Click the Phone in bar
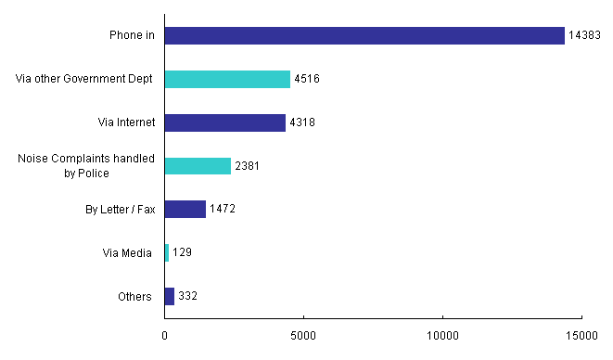(x=364, y=36)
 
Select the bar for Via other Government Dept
(x=227, y=80)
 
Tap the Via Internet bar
(x=224, y=122)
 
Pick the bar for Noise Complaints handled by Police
(x=198, y=166)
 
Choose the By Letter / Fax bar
(x=185, y=210)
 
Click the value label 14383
(x=585, y=36)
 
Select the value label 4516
(x=307, y=80)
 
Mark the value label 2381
(x=248, y=166)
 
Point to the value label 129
(x=183, y=252)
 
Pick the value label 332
(x=188, y=296)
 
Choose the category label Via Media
(x=127, y=252)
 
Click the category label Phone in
(x=130, y=36)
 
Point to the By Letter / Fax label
(x=119, y=210)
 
